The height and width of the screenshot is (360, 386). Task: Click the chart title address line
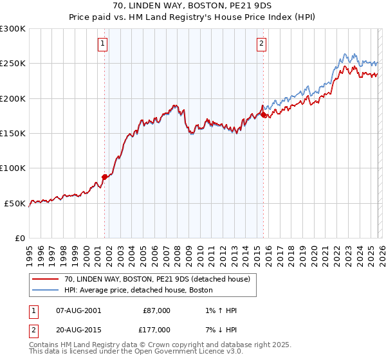pos(192,6)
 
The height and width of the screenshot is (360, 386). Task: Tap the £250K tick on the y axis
pos(13,64)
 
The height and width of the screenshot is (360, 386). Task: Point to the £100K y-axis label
pos(13,168)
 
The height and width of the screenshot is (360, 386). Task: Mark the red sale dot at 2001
pos(104,177)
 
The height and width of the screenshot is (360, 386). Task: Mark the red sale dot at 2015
pos(264,114)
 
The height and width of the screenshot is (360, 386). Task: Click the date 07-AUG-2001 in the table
pos(78,310)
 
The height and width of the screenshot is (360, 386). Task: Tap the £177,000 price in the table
pos(156,329)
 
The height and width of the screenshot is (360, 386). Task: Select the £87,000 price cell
pos(156,310)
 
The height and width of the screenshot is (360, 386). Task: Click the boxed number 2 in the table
pos(33,329)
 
